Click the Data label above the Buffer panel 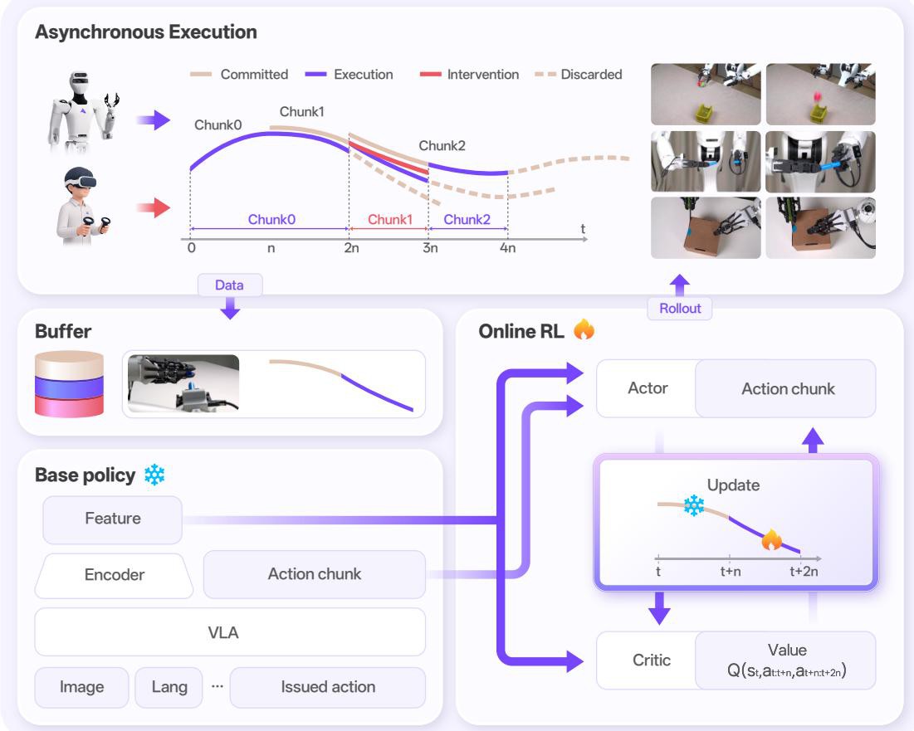click(230, 285)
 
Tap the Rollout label click(680, 308)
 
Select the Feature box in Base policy click(113, 519)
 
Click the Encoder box click(115, 575)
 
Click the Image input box click(81, 687)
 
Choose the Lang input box click(169, 687)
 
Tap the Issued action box click(328, 687)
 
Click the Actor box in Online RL click(647, 388)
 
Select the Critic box click(651, 660)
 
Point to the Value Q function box click(786, 660)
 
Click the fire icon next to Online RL click(584, 329)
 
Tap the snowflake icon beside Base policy click(154, 475)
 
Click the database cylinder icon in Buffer click(70, 384)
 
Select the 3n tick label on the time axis click(430, 248)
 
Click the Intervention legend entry click(469, 75)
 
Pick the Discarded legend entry click(579, 75)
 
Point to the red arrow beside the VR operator click(154, 207)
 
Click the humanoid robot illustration click(83, 112)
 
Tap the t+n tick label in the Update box click(731, 572)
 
